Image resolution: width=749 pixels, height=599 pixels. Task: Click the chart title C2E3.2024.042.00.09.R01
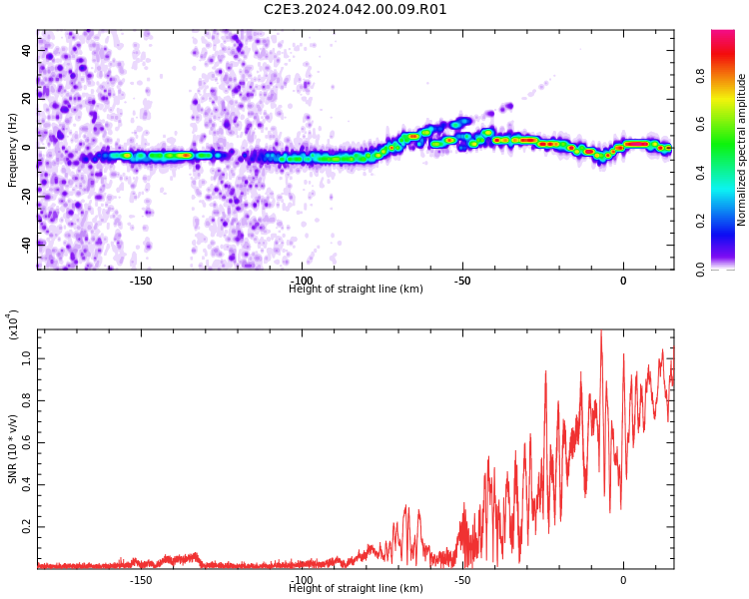coord(355,9)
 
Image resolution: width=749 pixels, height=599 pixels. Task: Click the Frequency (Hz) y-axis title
coord(12,150)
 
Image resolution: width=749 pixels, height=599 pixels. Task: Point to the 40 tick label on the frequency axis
coord(26,50)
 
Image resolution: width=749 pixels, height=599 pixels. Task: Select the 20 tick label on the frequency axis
coord(26,99)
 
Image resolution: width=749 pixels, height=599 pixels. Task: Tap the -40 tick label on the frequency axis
coord(26,246)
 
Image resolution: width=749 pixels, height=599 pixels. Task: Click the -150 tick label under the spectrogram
coord(141,281)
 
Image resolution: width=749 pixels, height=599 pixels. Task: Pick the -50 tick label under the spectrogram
coord(462,281)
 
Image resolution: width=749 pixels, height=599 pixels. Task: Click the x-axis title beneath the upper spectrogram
coord(356,289)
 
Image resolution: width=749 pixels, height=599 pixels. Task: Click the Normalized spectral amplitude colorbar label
coord(741,150)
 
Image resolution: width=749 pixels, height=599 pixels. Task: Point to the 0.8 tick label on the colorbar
coord(700,76)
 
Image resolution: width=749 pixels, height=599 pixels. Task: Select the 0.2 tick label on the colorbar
coord(700,222)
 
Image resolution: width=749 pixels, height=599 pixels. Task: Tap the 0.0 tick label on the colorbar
coord(700,270)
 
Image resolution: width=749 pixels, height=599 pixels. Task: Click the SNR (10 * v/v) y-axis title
coord(12,449)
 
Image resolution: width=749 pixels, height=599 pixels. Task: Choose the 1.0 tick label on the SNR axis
coord(26,358)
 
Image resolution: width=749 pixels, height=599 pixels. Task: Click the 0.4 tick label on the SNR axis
coord(26,485)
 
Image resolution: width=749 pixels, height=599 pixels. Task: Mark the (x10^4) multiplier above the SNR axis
coord(13,324)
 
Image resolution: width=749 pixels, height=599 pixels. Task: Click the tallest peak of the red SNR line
coord(601,331)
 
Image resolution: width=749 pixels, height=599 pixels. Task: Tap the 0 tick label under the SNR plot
coord(623,580)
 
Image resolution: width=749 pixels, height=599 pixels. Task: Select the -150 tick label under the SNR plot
coord(141,580)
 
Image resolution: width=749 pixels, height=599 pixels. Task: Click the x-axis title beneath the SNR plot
coord(356,588)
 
